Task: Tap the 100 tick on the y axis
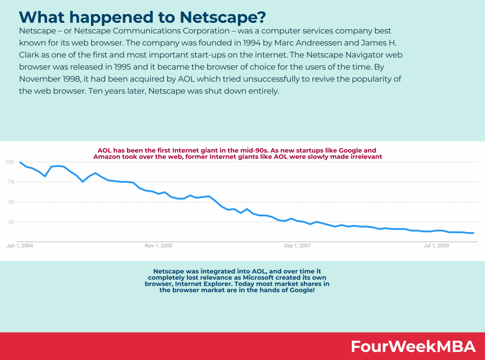(10, 162)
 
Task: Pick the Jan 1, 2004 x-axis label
(19, 246)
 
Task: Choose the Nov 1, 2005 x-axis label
(158, 246)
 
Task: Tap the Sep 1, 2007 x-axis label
(297, 246)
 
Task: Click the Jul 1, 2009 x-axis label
(436, 246)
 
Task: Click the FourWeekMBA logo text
(413, 346)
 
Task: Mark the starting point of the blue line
(20, 162)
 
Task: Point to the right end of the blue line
(474, 233)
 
